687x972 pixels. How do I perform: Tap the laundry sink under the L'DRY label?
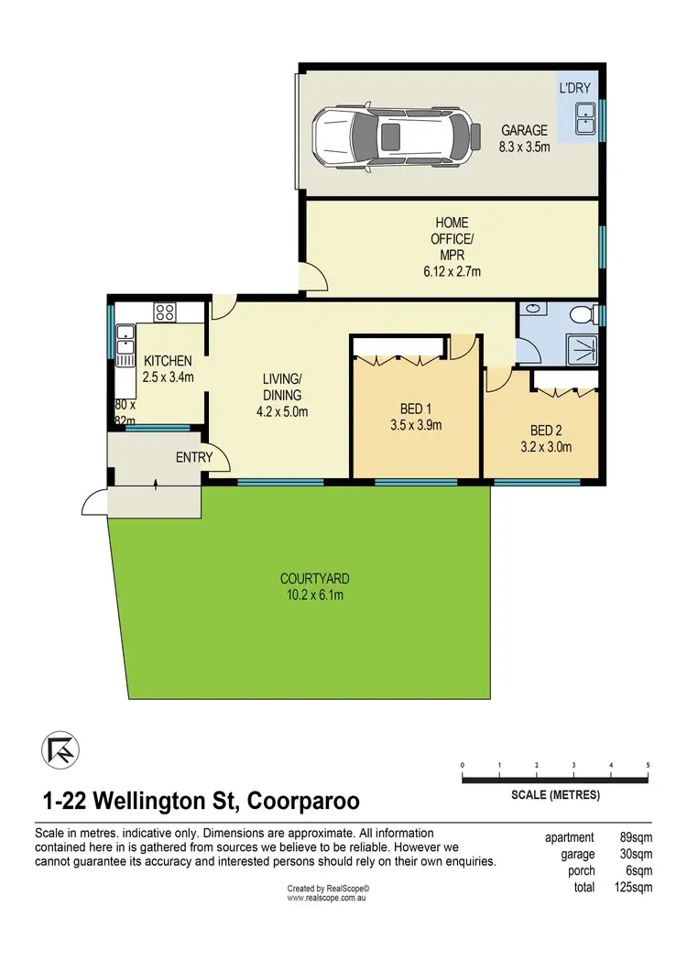pos(585,116)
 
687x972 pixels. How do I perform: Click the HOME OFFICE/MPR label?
pos(451,246)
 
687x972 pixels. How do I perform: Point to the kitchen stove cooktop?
pos(165,311)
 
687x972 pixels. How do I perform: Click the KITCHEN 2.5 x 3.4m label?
pos(167,368)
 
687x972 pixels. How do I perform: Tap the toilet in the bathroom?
pos(580,317)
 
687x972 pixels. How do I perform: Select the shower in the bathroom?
pos(581,348)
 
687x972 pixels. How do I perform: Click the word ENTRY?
pos(193,457)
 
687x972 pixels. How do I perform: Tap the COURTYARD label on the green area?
pos(314,586)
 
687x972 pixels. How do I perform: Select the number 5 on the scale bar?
pos(648,764)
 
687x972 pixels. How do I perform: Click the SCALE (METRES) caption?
pos(555,795)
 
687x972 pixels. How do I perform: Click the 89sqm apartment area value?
pos(633,837)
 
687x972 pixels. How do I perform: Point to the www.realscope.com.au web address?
pos(327,898)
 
